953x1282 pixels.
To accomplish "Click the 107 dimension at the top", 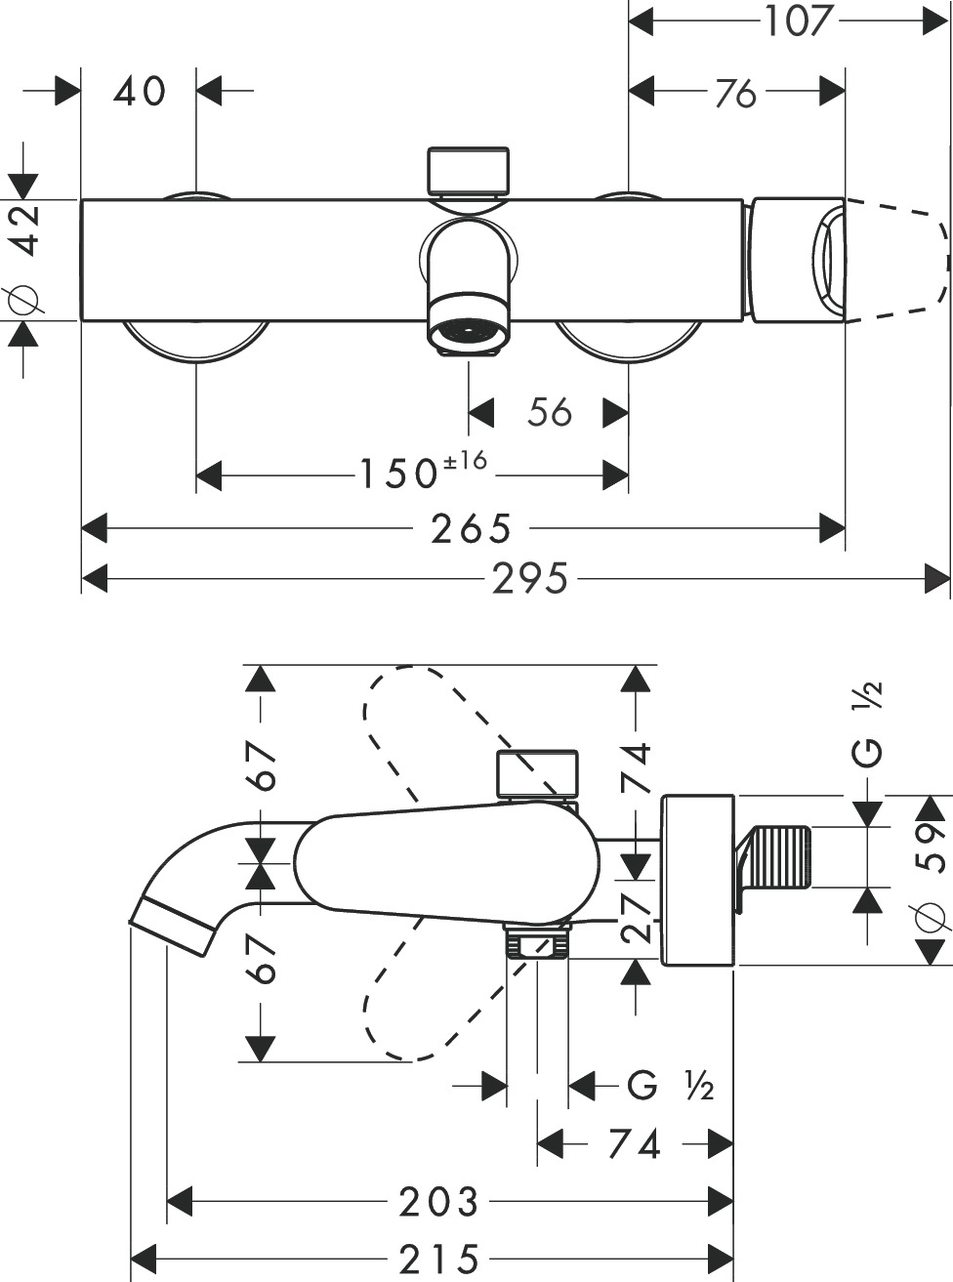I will pyautogui.click(x=797, y=20).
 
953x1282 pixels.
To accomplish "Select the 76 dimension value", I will pyautogui.click(x=735, y=93).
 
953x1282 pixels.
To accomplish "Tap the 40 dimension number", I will pyautogui.click(x=140, y=92).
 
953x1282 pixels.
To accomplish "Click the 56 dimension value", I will pyautogui.click(x=549, y=412).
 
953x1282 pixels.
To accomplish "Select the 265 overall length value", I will pyautogui.click(x=471, y=529).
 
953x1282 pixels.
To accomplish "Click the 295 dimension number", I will pyautogui.click(x=529, y=580).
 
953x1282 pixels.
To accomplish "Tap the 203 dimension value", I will pyautogui.click(x=438, y=1202).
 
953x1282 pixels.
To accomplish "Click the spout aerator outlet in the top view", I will pyautogui.click(x=469, y=334).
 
